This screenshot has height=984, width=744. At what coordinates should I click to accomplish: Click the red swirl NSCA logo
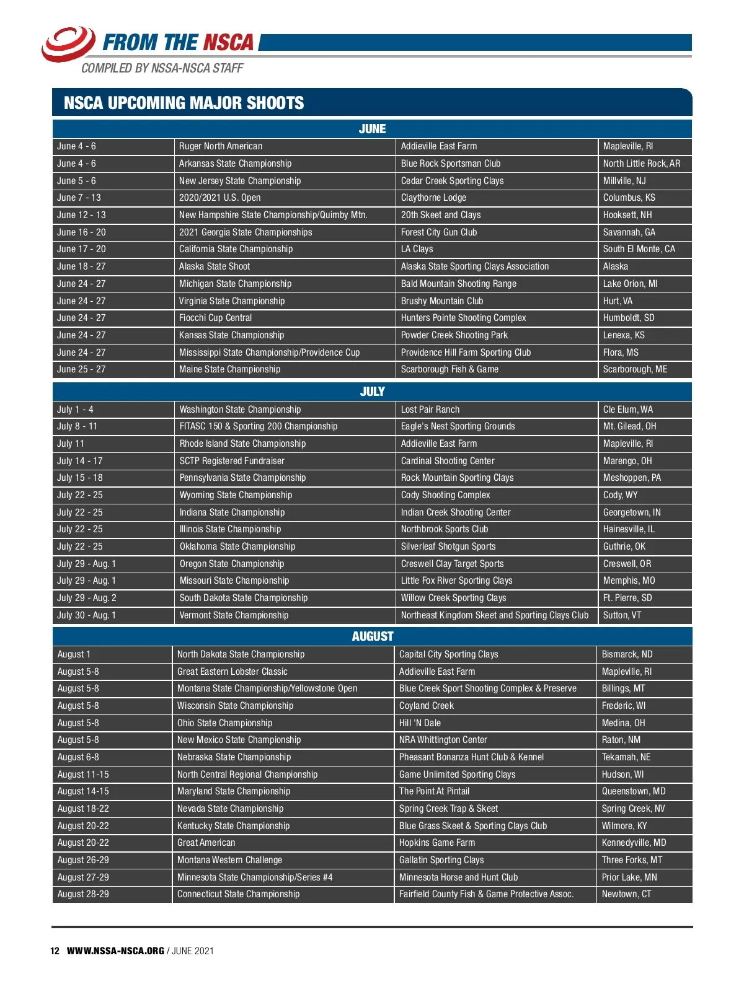coord(68,43)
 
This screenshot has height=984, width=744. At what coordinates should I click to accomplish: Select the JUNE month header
coord(372,129)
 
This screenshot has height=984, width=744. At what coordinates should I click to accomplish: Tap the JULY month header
coord(372,392)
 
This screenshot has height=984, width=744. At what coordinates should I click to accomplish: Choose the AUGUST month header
coord(372,636)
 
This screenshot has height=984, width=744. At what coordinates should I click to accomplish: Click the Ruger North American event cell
coord(221,146)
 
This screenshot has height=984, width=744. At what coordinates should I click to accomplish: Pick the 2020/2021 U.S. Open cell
coord(219,198)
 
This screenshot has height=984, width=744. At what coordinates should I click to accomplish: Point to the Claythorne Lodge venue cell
coord(433,198)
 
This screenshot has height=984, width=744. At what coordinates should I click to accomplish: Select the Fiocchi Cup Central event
coord(215,318)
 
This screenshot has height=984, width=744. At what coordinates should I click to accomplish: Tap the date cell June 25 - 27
coord(81,369)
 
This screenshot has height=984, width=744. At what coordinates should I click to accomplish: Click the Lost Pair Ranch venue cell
coord(430,410)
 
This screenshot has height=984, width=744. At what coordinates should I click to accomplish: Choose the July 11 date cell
coord(71,444)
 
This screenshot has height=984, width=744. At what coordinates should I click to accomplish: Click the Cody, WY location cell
coord(620,495)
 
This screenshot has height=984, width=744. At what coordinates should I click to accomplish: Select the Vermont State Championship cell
coord(234,615)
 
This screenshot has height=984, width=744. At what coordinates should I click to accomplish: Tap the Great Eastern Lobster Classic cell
coord(232,672)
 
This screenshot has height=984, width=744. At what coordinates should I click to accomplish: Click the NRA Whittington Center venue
coord(443,740)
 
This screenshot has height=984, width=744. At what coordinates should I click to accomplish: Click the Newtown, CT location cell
coord(626,894)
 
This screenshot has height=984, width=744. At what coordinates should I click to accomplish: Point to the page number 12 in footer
coord(55,951)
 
